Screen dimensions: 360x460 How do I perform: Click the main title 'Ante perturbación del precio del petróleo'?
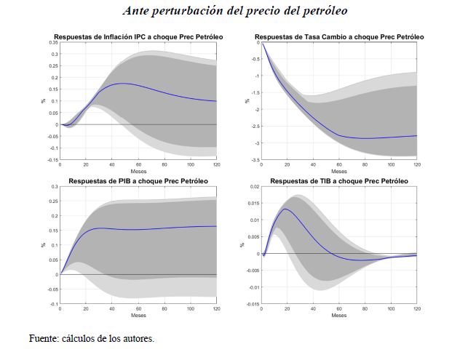[x=235, y=11]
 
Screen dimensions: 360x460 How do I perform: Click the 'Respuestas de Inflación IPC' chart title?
[x=138, y=36]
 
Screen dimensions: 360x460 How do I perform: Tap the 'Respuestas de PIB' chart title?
[x=138, y=180]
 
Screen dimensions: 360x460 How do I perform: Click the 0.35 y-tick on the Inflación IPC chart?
[x=53, y=43]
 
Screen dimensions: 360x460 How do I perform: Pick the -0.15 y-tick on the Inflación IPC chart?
[x=52, y=159]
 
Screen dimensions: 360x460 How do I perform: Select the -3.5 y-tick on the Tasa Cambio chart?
[x=256, y=159]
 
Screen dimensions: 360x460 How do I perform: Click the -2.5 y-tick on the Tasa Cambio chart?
[x=256, y=126]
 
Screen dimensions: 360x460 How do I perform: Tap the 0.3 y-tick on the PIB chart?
[x=55, y=187]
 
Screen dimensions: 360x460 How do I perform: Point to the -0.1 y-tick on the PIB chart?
[x=54, y=304]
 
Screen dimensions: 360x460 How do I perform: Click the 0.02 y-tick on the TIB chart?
[x=254, y=187]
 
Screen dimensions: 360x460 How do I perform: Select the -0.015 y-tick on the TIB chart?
[x=252, y=304]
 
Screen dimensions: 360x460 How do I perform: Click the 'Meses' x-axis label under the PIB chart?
[x=138, y=316]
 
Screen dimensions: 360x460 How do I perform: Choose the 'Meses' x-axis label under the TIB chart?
[x=339, y=316]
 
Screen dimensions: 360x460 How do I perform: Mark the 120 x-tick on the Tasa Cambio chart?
[x=416, y=165]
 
